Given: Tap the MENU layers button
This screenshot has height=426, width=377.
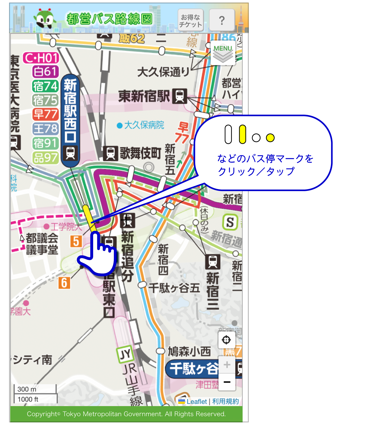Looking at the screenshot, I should click(223, 53).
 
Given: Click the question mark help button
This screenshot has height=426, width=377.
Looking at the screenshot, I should click(222, 20).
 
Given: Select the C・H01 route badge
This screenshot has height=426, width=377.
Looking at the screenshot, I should click(41, 58).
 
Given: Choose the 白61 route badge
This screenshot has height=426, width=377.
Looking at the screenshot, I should click(45, 71).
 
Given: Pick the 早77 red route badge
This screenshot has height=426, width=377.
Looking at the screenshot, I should click(45, 114).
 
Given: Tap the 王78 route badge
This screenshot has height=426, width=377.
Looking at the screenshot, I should click(45, 129).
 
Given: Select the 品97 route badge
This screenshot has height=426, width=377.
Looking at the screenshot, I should click(45, 158).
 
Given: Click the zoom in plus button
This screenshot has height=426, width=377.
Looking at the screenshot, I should click(227, 365).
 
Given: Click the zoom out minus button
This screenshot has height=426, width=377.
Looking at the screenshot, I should click(227, 382).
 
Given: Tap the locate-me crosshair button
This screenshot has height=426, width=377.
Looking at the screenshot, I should click(226, 340).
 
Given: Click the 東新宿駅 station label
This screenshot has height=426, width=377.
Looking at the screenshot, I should click(144, 96).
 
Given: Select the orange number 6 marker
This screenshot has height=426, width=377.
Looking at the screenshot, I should click(64, 283).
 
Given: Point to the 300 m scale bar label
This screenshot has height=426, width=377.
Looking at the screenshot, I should click(27, 389).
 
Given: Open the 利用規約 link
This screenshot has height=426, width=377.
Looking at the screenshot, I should click(225, 401).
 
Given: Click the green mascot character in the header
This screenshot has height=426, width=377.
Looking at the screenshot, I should click(45, 19).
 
